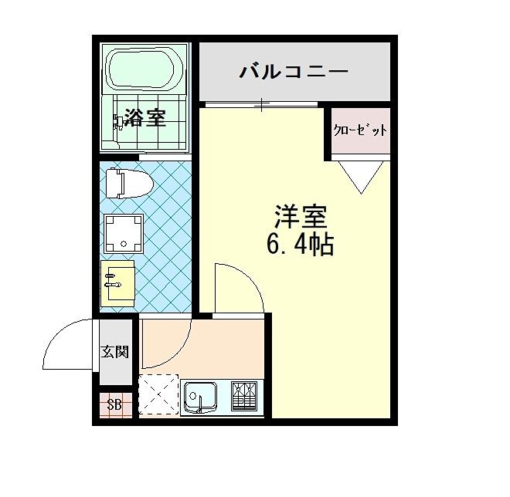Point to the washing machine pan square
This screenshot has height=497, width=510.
point(124,232)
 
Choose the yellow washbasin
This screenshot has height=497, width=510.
point(117,282)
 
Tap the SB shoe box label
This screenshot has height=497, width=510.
point(114,405)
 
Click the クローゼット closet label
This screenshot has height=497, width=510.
point(360,130)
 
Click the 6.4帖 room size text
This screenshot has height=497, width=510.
point(300,245)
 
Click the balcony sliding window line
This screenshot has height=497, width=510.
point(260,103)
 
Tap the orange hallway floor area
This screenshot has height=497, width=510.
point(232,343)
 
